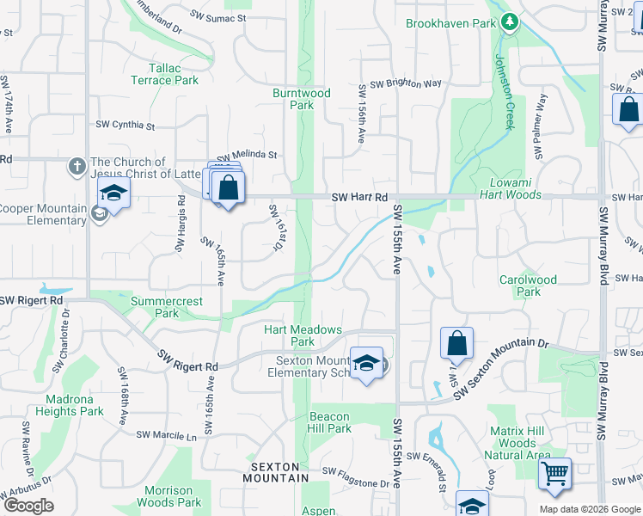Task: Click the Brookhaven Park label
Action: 451,23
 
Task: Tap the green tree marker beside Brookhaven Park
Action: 509,21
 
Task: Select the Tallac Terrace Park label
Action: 164,74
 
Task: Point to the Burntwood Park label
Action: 301,98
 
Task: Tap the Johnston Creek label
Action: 503,92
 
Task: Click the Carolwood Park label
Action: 528,286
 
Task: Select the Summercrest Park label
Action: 166,308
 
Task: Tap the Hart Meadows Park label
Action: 303,335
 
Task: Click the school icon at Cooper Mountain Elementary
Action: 113,195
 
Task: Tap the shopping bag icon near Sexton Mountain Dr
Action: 457,342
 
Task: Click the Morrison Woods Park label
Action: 169,496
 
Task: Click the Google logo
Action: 28,506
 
